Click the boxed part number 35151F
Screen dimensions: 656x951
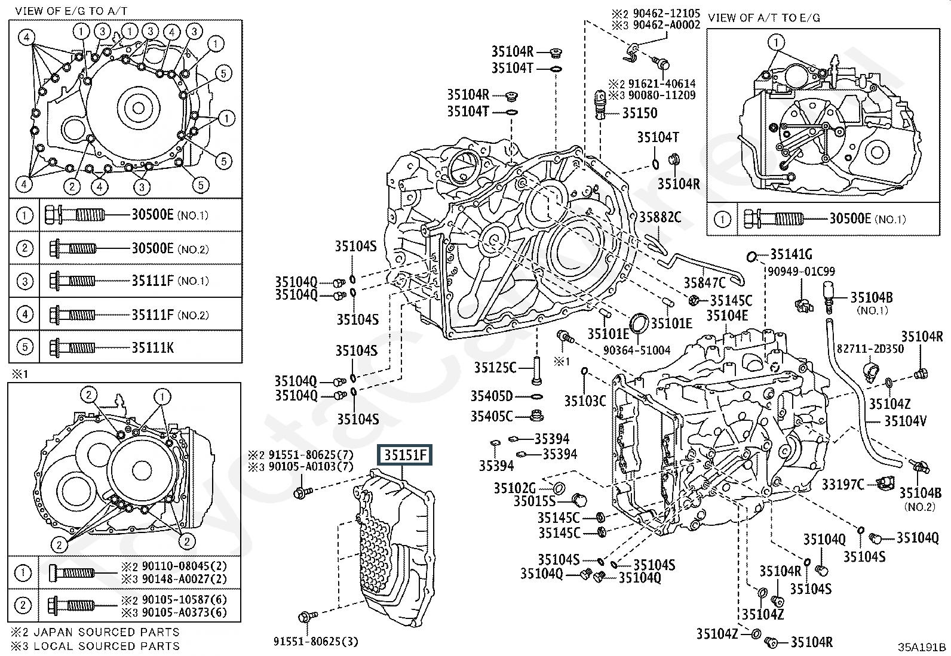405,455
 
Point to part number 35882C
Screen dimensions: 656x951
660,217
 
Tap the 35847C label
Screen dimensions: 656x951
704,282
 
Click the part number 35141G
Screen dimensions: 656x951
791,255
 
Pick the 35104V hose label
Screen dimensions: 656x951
905,421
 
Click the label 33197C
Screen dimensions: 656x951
842,484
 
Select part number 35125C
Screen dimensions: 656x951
495,368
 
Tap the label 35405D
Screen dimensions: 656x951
491,396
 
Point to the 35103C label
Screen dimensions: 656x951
585,401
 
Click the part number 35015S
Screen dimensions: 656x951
533,501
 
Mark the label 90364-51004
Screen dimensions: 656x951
637,350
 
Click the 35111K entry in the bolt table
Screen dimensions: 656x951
152,347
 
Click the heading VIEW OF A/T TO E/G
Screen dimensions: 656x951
764,17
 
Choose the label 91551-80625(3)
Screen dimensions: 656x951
316,642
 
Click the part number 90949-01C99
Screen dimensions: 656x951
802,272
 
